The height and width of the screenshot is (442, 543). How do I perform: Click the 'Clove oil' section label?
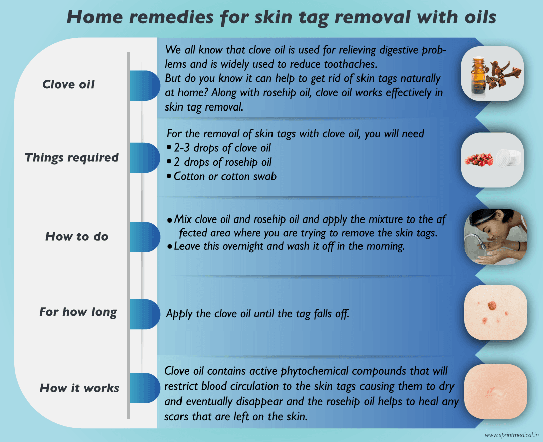point(68,84)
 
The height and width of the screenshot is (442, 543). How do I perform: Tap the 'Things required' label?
point(71,157)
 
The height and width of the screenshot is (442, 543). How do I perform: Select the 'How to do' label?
point(76,236)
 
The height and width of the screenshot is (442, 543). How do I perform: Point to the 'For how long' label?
point(78,312)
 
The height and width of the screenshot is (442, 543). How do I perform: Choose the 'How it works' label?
point(79,388)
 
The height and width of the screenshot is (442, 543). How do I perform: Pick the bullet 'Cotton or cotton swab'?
point(224,176)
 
